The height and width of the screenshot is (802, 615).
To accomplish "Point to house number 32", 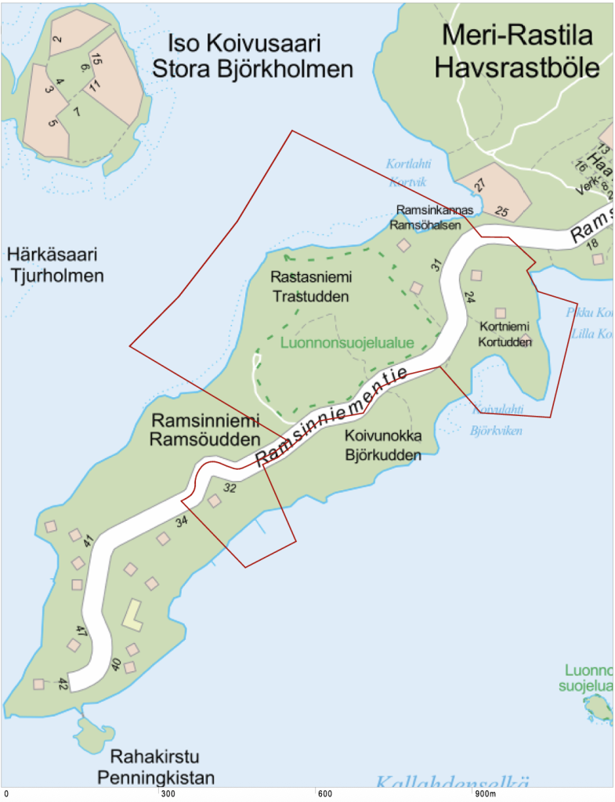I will point(230,487).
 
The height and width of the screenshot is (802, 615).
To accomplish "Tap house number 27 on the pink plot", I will point(479,185).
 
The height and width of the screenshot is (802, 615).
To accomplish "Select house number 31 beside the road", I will point(436,265).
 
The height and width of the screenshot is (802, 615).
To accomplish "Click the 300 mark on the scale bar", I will point(166,794).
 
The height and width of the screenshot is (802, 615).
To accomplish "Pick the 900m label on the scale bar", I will point(485,794).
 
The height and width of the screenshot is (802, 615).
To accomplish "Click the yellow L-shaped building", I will point(134,615).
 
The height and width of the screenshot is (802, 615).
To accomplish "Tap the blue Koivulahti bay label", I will point(487,408).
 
